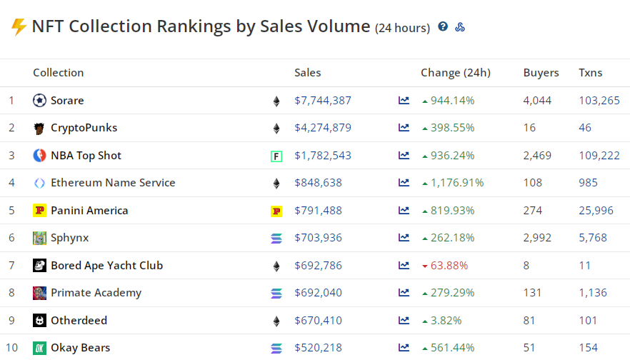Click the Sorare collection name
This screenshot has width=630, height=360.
[67, 101]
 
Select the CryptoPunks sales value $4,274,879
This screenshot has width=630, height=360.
[323, 128]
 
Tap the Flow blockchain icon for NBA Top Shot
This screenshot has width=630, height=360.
[276, 156]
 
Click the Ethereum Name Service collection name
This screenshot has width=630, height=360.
[113, 183]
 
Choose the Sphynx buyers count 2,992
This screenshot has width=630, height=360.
[537, 238]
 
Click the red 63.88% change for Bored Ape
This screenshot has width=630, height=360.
[449, 266]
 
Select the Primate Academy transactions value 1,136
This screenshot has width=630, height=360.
[592, 293]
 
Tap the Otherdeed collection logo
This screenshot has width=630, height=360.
[39, 321]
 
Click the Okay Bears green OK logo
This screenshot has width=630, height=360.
[39, 348]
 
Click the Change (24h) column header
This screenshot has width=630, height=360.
[456, 73]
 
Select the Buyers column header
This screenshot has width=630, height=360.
[541, 73]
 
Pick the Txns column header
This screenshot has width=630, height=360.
[591, 73]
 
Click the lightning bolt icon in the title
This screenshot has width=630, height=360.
[19, 27]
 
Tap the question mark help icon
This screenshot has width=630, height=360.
[443, 27]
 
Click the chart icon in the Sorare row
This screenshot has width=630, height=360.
[404, 101]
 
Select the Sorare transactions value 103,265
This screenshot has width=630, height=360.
[599, 101]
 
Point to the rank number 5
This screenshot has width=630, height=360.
[11, 211]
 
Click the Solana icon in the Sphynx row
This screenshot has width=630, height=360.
[276, 239]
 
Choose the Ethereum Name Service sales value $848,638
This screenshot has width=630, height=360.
[318, 183]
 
